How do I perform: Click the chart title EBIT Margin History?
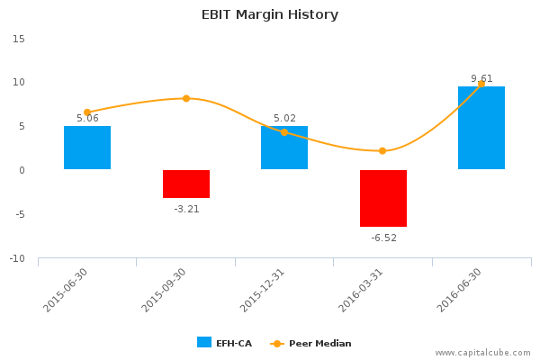click(x=270, y=14)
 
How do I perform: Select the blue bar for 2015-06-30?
click(x=87, y=148)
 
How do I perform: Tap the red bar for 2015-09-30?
click(x=186, y=184)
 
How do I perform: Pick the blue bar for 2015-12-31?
click(x=284, y=148)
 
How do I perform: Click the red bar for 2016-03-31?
click(x=383, y=198)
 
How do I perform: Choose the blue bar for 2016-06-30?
click(x=481, y=128)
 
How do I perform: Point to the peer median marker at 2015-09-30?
click(x=186, y=98)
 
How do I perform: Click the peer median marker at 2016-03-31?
click(x=382, y=150)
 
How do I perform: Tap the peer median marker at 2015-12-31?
click(x=284, y=132)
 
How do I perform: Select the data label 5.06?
click(x=87, y=118)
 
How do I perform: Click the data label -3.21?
click(x=186, y=209)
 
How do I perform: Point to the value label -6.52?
click(x=383, y=238)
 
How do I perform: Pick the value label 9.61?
click(x=481, y=78)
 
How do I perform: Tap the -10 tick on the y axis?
click(x=16, y=259)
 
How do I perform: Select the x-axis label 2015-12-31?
click(x=264, y=290)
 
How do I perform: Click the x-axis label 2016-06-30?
click(x=461, y=290)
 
